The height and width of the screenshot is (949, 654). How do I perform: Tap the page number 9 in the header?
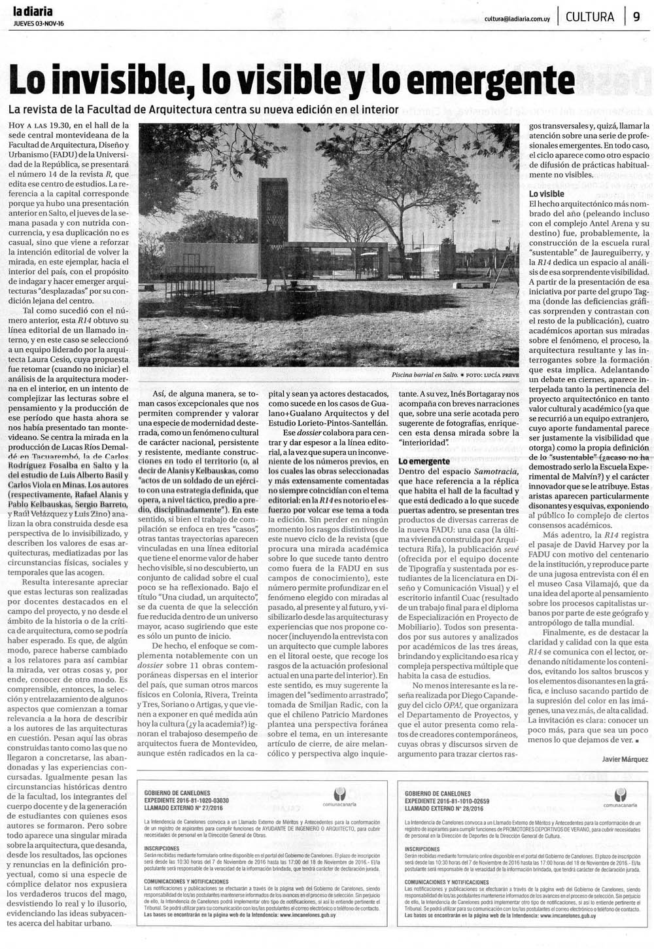[636, 17]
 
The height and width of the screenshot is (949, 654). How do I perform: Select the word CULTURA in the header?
[590, 17]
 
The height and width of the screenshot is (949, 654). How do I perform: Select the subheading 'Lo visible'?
[546, 194]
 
